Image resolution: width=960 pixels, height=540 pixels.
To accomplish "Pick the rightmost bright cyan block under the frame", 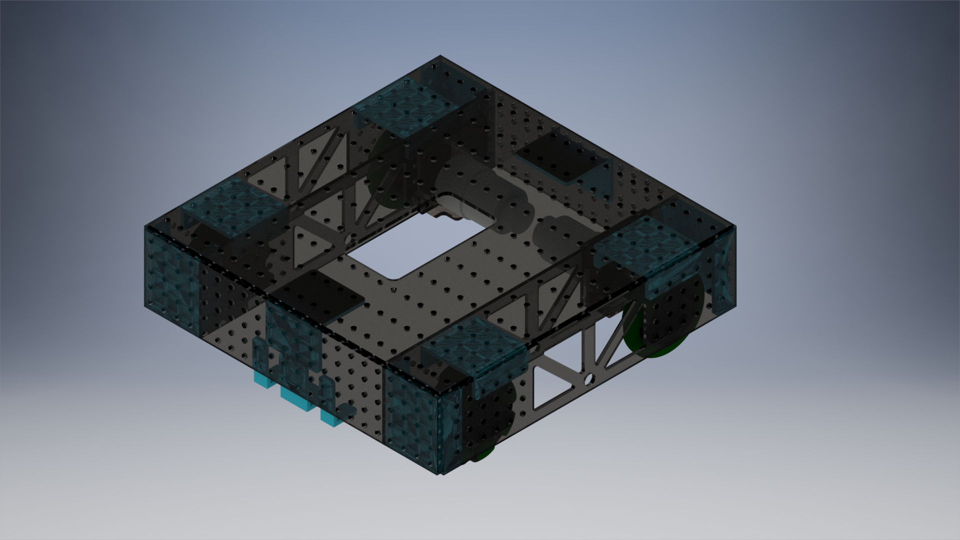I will point(331,419).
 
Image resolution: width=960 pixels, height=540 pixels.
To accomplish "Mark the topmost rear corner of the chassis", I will point(440,56).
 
